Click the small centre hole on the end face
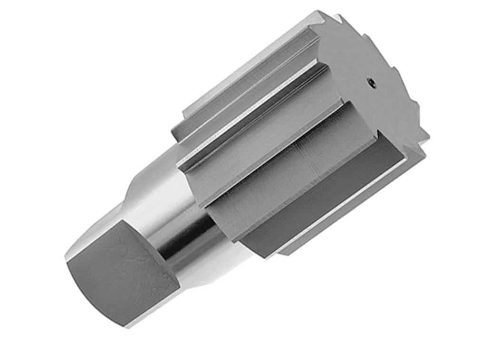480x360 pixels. point(372,84)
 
